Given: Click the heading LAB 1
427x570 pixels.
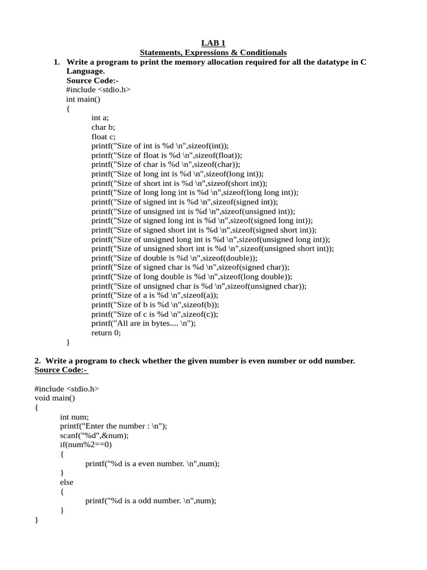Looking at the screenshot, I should [x=213, y=43].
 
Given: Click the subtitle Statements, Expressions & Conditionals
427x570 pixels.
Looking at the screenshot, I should [x=213, y=52].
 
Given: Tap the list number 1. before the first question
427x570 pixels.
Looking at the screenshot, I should [x=57, y=62].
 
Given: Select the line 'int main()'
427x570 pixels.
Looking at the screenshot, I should [x=83, y=99].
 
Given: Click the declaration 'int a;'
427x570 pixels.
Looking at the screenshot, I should [x=100, y=118].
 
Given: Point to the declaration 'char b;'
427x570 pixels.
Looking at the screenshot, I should [x=103, y=127].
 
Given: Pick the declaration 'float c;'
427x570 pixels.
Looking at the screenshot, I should [x=104, y=136].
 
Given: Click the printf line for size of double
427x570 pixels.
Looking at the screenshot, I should [x=175, y=258].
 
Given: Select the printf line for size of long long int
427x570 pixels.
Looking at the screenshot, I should [x=195, y=193].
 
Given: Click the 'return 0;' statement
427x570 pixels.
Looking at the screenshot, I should [x=106, y=333].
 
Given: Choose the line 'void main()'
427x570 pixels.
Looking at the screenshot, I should [x=54, y=398].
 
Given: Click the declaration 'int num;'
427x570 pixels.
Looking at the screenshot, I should [x=75, y=416].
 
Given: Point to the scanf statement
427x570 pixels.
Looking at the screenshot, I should [x=95, y=435].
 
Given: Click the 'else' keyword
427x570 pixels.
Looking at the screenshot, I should [x=67, y=482].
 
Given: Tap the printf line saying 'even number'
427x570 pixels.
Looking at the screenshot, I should [x=152, y=463].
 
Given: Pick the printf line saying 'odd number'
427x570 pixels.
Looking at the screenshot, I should [x=151, y=500].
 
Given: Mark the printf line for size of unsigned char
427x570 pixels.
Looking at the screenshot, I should [x=199, y=286].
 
